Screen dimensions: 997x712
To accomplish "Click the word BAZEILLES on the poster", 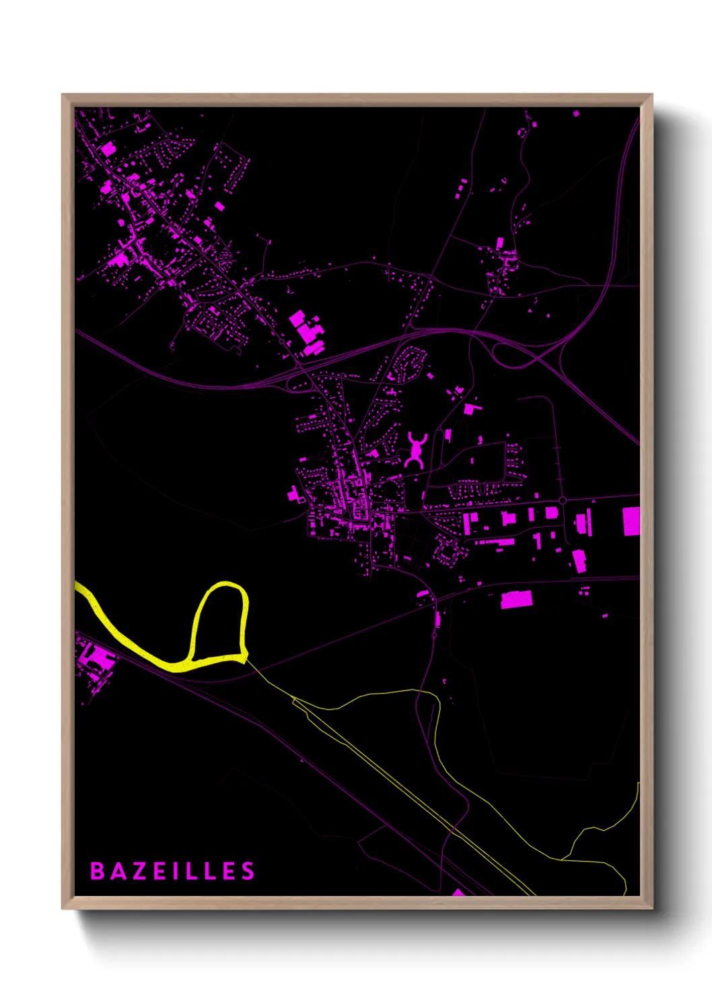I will click(172, 871).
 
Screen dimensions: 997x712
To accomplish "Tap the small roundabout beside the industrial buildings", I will click(562, 501).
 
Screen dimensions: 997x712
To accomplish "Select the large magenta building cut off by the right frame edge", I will click(631, 521).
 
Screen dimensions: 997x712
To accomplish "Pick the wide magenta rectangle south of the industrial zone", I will click(516, 600).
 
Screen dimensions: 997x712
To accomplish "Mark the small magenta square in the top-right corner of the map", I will click(576, 114).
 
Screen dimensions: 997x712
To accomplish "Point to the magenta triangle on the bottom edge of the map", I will click(458, 893).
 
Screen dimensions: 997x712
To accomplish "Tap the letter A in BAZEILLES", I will click(117, 871).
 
